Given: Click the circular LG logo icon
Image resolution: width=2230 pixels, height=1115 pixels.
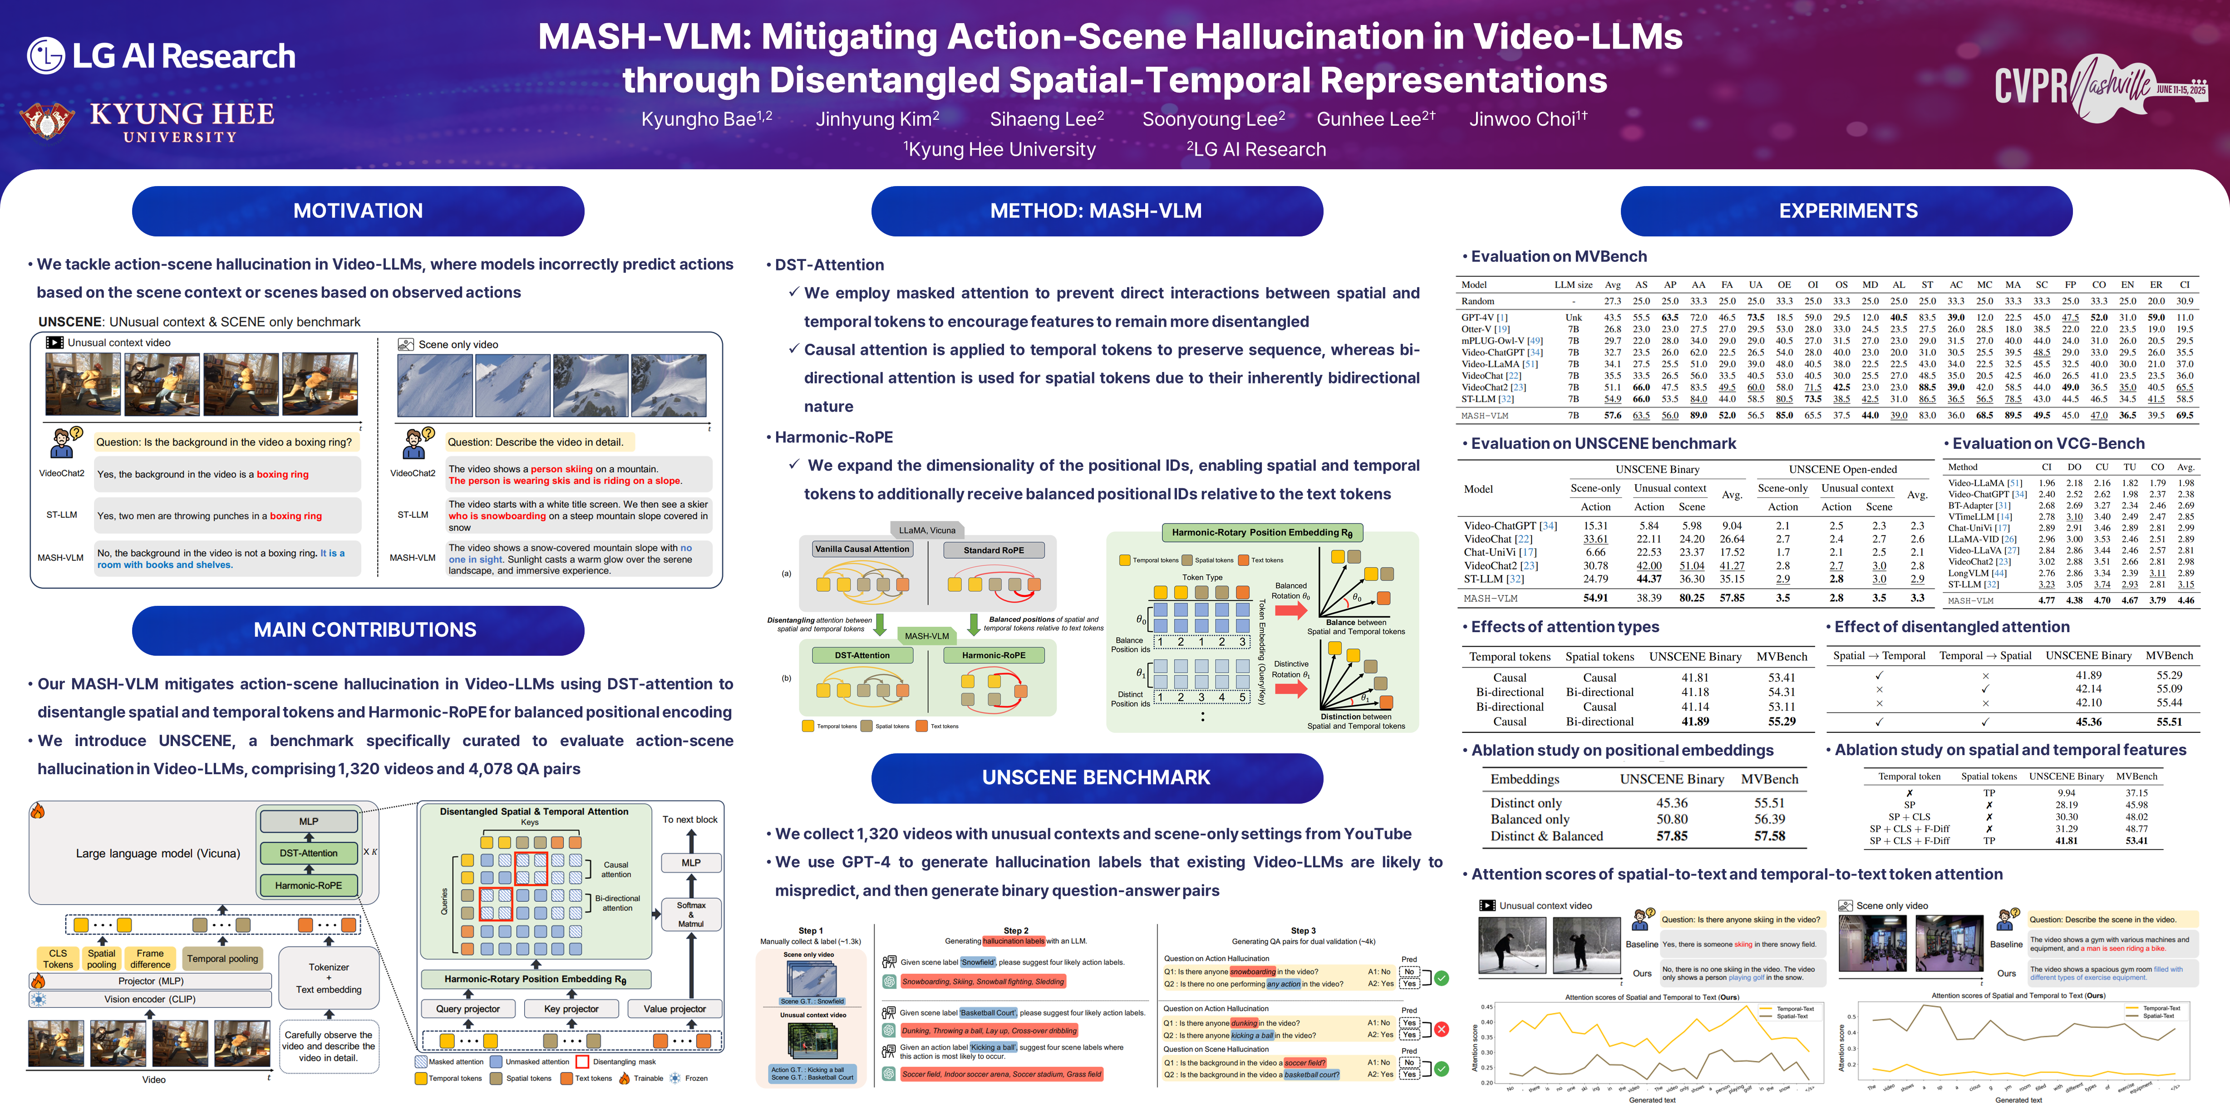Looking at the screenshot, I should [45, 55].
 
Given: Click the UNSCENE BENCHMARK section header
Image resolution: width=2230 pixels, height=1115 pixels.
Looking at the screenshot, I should [1096, 777].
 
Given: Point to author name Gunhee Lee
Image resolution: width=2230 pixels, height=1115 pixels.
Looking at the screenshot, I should [1375, 119].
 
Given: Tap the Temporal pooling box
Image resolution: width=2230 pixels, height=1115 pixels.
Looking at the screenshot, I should [222, 958].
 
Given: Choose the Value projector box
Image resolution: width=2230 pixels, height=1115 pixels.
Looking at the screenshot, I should [674, 1008].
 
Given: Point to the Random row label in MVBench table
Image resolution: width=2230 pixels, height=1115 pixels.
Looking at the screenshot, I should [1478, 301].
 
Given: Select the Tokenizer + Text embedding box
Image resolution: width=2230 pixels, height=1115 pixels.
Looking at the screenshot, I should [329, 978].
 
